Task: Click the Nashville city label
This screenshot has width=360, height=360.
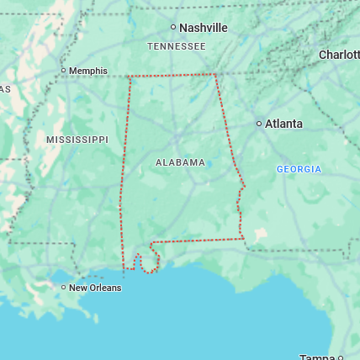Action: pos(204,28)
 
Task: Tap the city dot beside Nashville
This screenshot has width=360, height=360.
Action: pos(173,28)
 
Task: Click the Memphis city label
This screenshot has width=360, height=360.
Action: pos(88,71)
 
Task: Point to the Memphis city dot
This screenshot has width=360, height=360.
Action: pos(64,71)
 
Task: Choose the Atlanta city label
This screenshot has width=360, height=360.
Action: pos(283,124)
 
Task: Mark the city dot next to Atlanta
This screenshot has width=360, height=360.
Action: pos(259,124)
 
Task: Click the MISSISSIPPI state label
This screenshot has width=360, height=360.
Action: pos(77,139)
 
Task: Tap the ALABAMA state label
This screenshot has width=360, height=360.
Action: pos(180,162)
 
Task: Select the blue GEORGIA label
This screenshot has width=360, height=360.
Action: pos(299,169)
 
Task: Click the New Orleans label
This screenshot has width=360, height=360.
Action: pos(95,288)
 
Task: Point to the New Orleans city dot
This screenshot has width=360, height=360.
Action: pos(64,288)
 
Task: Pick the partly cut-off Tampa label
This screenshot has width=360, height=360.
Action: pos(316,357)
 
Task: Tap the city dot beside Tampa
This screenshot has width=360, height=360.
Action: pos(340,357)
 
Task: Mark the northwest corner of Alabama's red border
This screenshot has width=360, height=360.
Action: pos(129,77)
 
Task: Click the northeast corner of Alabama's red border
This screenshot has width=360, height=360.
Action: pos(215,74)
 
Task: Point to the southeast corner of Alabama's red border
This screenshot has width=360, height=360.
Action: pos(244,239)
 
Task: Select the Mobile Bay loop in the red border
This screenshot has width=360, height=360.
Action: pos(148,263)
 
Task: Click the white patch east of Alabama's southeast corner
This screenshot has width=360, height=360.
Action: pos(261,233)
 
